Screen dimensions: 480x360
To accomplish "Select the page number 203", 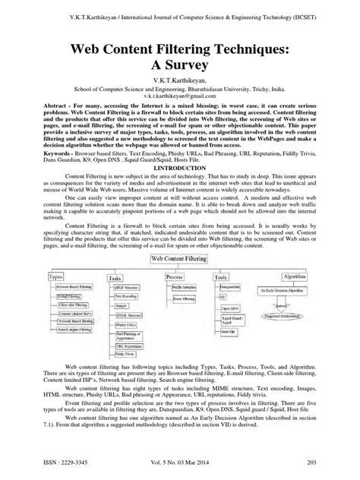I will coord(331,463).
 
